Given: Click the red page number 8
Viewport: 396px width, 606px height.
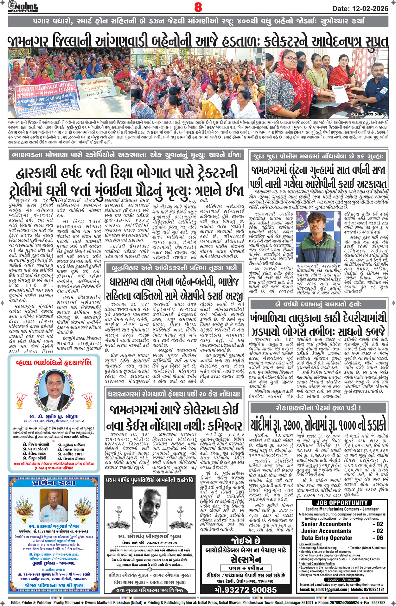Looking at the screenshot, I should (x=198, y=7).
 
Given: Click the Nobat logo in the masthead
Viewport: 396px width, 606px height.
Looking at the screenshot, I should (x=23, y=6).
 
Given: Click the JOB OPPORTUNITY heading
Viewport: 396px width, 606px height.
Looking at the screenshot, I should (x=342, y=502).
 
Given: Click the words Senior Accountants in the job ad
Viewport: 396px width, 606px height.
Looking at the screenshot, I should (x=326, y=524).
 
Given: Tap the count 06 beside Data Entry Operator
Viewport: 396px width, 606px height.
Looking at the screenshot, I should (x=380, y=538).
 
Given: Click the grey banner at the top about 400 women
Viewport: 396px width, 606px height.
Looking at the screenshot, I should (x=198, y=22).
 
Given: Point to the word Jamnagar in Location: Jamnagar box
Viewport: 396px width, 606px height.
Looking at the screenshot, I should (x=348, y=579).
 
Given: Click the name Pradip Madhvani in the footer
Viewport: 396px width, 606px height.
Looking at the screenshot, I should (x=65, y=603).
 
